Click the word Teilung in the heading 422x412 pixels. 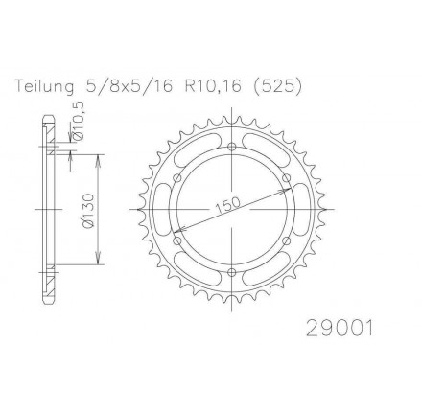(45, 86)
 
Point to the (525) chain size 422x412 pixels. (276, 86)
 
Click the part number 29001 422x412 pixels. (340, 329)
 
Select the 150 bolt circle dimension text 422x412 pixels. (228, 205)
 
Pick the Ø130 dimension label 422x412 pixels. (89, 210)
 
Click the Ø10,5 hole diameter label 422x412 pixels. (79, 121)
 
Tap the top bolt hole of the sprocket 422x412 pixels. (232, 147)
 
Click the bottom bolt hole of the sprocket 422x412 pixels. (232, 272)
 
